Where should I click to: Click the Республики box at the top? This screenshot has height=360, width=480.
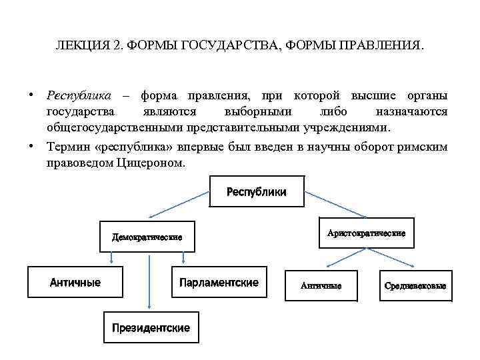257,192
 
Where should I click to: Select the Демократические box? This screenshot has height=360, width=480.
147,237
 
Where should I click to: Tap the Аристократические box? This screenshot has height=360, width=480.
367,233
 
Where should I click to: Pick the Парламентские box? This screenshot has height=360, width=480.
219,283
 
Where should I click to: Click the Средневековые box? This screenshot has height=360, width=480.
415,285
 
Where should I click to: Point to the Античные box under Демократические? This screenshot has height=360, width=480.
75,283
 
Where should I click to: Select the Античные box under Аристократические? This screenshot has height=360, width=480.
321,285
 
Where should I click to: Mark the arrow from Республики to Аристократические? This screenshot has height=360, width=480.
333,205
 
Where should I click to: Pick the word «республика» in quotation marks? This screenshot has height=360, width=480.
133,147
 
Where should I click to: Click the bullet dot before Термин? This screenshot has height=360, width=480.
32,145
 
